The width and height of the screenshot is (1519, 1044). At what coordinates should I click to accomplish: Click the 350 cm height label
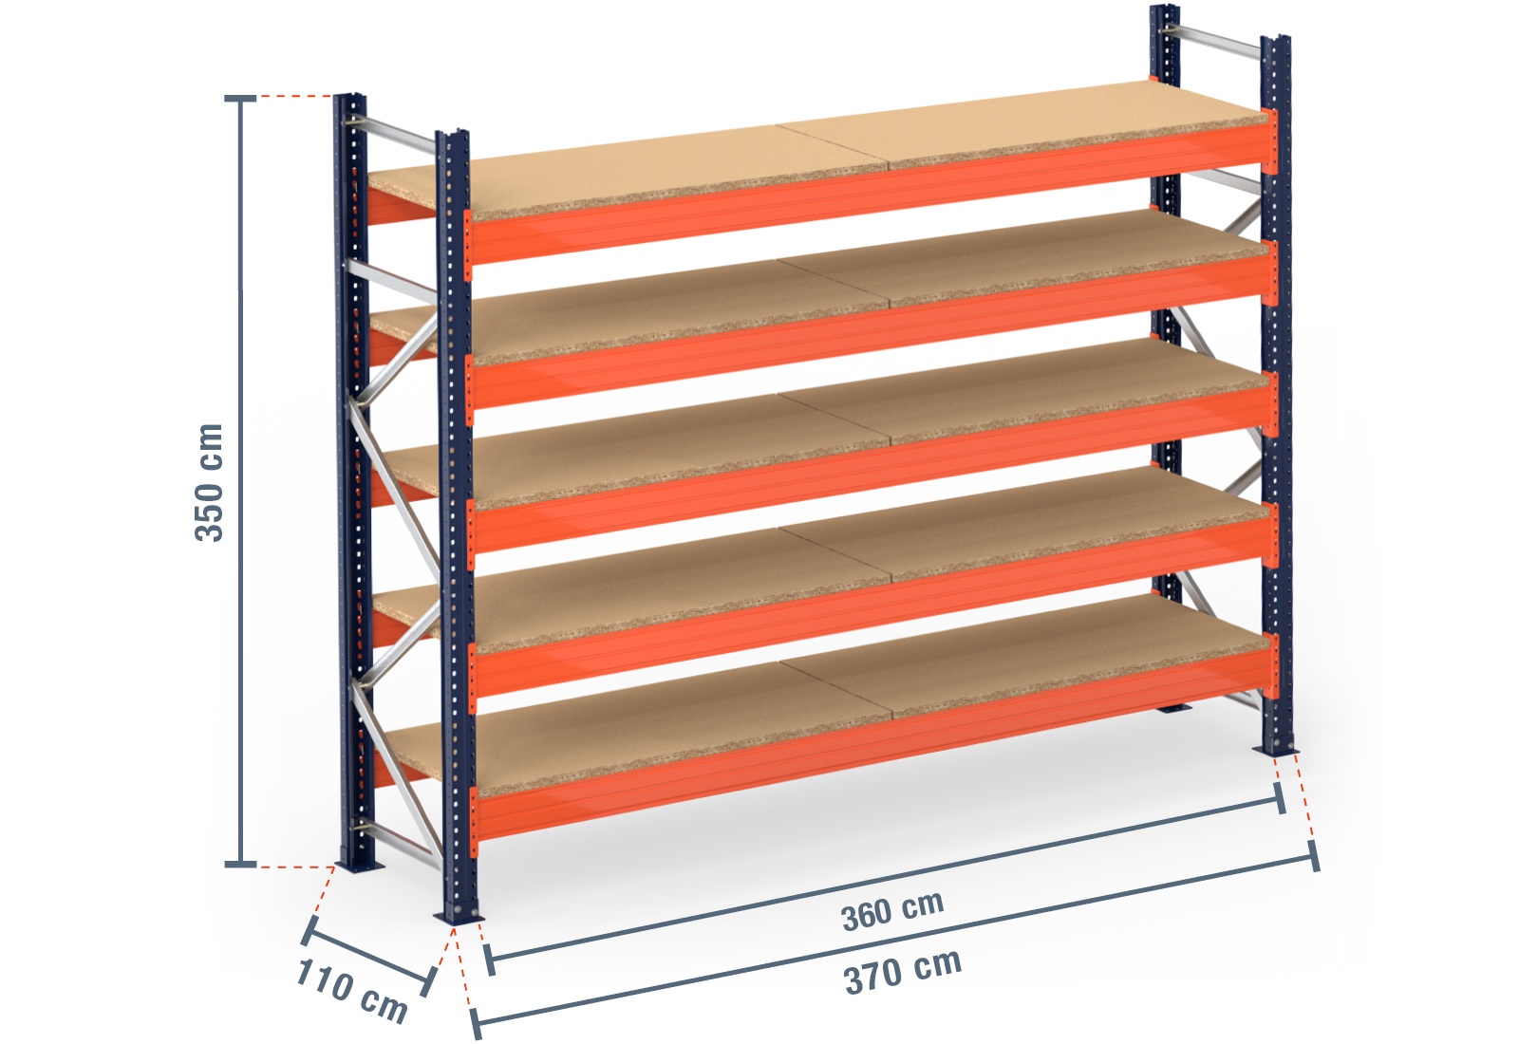tap(209, 482)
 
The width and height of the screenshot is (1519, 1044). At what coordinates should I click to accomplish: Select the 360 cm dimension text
tap(892, 911)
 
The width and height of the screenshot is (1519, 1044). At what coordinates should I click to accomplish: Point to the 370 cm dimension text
tap(903, 970)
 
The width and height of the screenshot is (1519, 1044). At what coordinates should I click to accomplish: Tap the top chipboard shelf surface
tap(854, 142)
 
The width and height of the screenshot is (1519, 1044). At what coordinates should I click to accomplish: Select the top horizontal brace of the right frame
tap(1220, 42)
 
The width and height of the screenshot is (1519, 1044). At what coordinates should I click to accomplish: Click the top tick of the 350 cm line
tap(240, 98)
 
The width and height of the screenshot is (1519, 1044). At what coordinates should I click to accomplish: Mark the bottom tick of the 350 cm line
tap(240, 864)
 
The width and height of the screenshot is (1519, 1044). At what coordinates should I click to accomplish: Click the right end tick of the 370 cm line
tap(1314, 856)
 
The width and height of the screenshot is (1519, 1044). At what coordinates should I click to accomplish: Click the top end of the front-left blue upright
tap(452, 134)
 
